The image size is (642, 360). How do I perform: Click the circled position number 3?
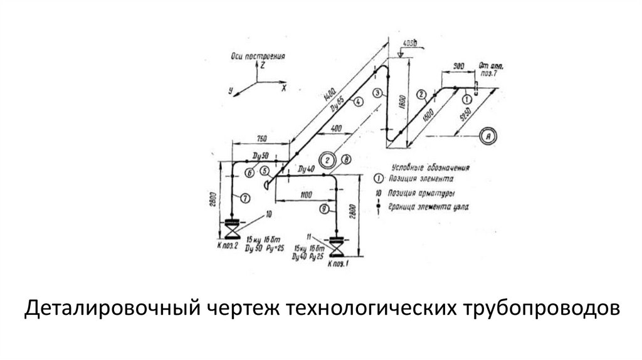(377, 93)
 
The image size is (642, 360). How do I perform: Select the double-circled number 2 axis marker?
(328, 159)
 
